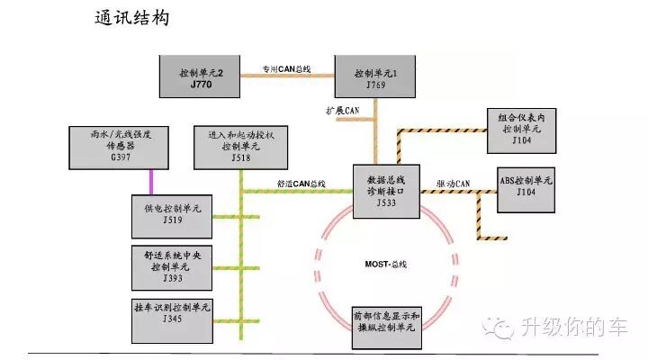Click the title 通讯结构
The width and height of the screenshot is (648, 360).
point(132,18)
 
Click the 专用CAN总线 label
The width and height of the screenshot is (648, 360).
point(285,67)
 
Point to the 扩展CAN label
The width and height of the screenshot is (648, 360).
point(343,110)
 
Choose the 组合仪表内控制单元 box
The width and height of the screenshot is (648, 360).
point(522,129)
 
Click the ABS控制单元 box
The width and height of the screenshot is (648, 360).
point(526,185)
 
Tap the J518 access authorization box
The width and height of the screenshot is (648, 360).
point(240,146)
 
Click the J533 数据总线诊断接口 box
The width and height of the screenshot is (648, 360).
point(386,191)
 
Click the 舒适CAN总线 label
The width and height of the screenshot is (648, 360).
point(301,184)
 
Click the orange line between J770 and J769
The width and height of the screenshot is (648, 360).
point(285,76)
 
